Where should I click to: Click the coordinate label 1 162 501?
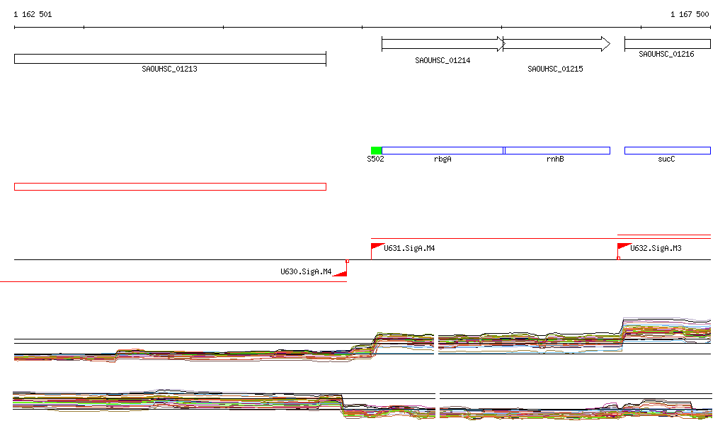33,14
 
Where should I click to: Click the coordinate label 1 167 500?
690,14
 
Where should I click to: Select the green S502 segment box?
377,150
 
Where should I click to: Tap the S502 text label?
375,159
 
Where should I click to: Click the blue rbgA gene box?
443,150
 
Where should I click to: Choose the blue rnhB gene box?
556,150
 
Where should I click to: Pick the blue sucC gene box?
668,150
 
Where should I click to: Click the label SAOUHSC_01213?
170,69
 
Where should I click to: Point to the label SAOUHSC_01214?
443,61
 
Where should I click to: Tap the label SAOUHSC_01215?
555,69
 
